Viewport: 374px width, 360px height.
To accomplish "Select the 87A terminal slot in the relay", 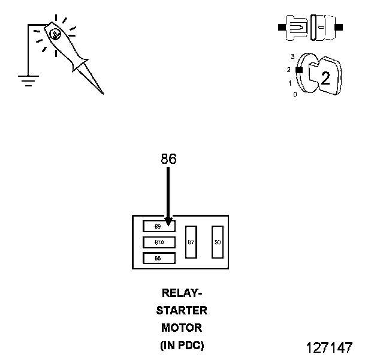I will click(159, 242).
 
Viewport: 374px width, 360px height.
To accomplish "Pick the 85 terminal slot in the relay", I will click(159, 259).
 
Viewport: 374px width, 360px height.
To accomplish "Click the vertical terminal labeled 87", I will click(191, 242).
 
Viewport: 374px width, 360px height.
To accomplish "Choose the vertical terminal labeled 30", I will click(218, 242).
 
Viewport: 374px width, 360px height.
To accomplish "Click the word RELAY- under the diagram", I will click(182, 293).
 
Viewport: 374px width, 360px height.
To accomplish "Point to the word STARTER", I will click(182, 311).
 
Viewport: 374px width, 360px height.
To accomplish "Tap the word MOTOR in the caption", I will click(182, 328).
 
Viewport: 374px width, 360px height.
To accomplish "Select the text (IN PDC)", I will click(182, 346).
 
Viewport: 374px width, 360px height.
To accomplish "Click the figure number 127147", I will click(329, 347).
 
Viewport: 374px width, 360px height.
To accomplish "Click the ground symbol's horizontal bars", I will click(27, 80).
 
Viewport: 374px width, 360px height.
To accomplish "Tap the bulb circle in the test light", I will click(55, 34).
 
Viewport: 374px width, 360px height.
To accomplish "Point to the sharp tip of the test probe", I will click(102, 93).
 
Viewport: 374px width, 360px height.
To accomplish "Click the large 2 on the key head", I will click(325, 78).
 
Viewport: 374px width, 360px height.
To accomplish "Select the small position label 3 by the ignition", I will click(292, 56).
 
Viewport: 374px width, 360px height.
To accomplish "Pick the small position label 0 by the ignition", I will click(294, 95).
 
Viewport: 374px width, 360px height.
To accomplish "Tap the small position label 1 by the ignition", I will click(291, 83).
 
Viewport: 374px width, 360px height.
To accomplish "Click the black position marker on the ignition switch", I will click(298, 70).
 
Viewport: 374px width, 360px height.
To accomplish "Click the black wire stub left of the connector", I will click(282, 28).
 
